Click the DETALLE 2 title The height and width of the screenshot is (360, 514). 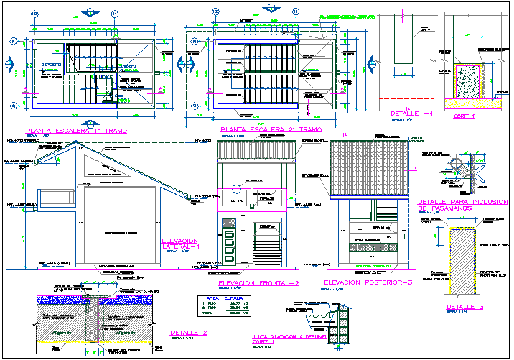point(190,333)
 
